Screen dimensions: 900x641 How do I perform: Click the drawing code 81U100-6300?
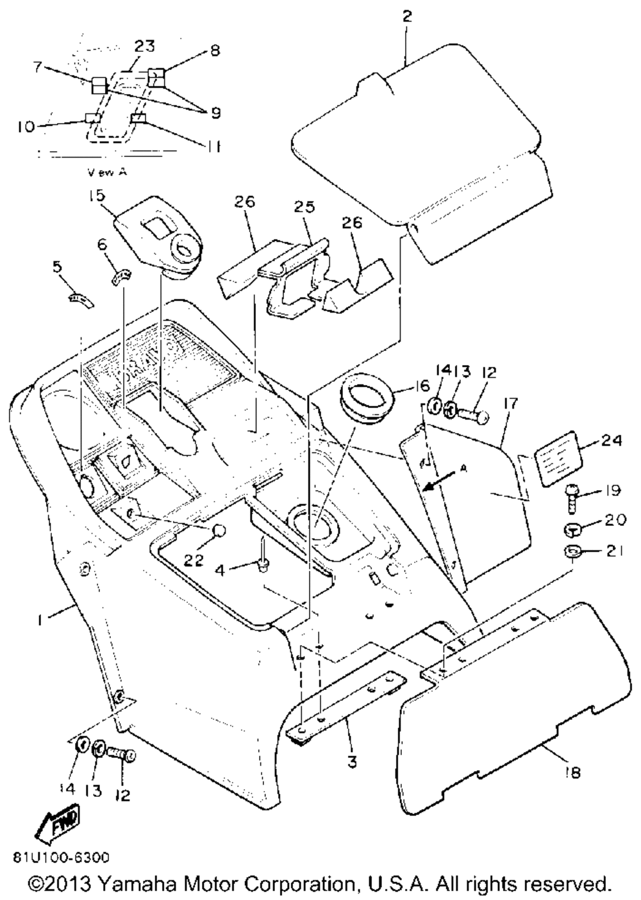60,857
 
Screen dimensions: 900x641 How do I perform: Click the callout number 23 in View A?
144,46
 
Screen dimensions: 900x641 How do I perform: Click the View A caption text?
106,172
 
